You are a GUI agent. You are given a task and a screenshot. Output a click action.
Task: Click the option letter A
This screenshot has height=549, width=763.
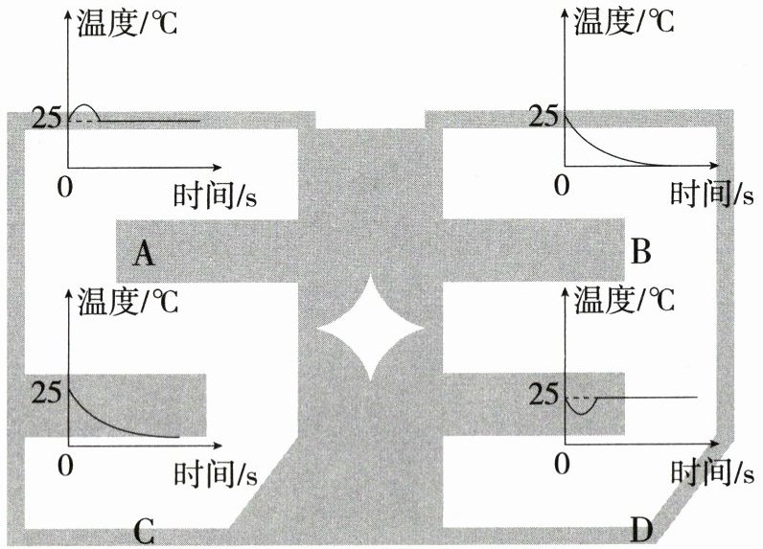point(144,254)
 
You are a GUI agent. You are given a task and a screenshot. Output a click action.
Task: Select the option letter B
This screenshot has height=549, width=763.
point(640,251)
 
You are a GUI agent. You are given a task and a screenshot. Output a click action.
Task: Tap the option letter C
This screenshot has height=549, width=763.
point(144,532)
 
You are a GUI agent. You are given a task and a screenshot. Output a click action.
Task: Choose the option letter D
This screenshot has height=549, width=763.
point(641,529)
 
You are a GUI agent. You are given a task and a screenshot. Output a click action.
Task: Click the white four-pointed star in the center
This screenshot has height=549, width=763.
point(370,329)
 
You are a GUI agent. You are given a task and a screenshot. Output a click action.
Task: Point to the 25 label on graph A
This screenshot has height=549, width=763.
point(47,118)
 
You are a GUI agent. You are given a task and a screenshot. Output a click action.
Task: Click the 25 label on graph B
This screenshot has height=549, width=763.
point(543,117)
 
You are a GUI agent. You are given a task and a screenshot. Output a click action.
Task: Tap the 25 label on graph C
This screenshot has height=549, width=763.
point(47,393)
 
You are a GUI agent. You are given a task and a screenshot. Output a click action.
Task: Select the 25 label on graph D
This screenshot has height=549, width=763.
point(543,395)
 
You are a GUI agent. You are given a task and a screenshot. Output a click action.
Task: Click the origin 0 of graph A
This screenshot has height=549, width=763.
point(65,187)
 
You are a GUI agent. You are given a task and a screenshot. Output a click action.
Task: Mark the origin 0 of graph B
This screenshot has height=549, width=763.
point(562,185)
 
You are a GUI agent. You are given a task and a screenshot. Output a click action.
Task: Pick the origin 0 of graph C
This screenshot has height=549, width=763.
point(65,466)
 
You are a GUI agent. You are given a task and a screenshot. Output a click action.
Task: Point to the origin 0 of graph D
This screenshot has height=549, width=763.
point(562,464)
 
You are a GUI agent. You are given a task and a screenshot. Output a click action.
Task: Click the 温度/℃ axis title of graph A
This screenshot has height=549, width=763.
point(127,23)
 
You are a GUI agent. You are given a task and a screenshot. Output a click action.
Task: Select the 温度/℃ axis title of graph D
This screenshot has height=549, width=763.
point(625,300)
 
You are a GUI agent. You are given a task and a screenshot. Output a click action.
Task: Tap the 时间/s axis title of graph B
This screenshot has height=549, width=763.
point(712,194)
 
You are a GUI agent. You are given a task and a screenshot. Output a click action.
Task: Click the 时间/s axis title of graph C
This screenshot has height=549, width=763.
point(215,473)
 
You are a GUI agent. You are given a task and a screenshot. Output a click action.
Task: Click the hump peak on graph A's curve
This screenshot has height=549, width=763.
point(84,104)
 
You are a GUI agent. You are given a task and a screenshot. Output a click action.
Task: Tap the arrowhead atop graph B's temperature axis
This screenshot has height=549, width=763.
point(565,11)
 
